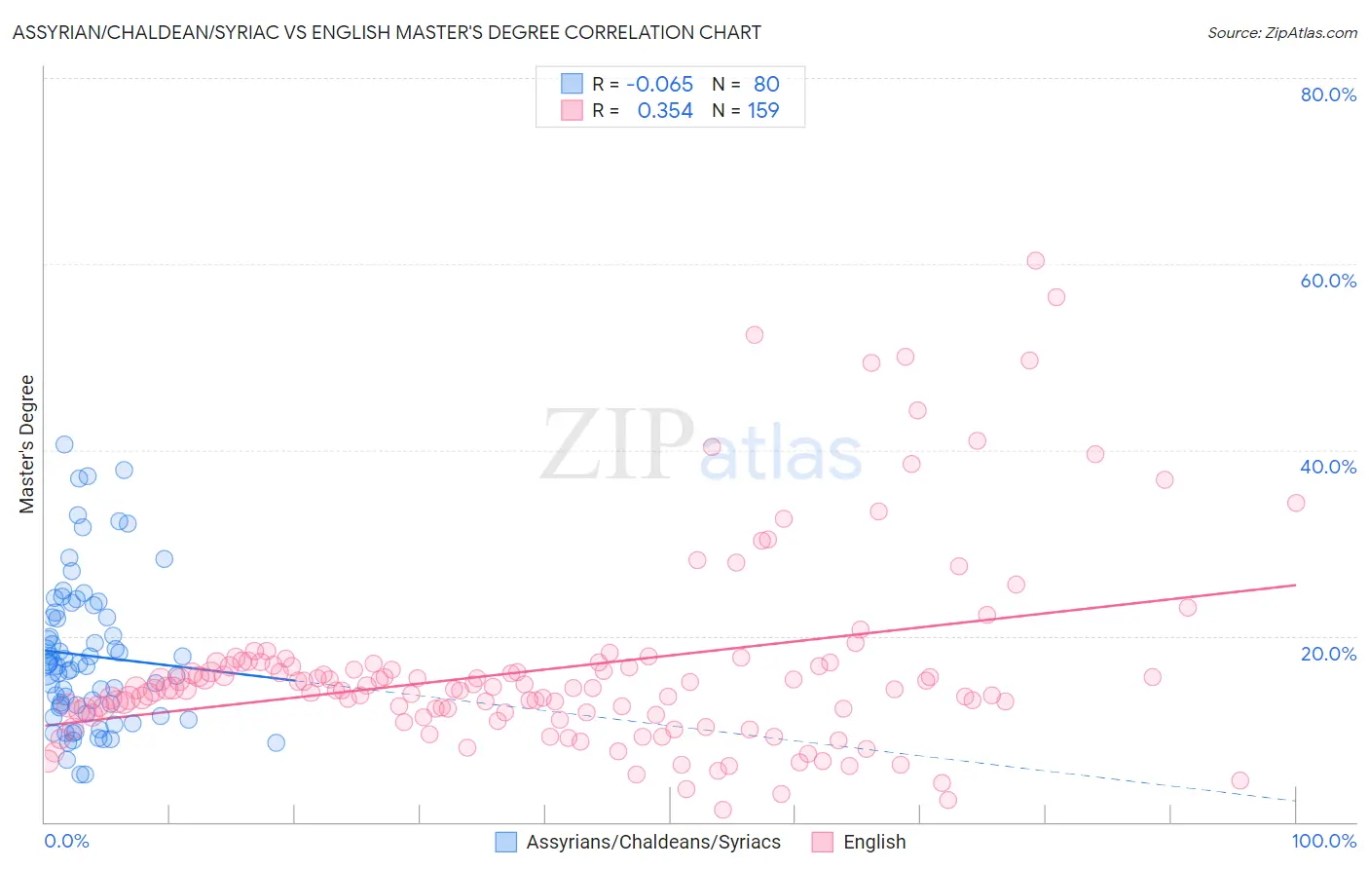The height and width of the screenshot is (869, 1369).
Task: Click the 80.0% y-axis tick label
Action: coord(1328,94)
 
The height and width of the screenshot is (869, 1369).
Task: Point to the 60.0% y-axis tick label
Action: coord(1328,281)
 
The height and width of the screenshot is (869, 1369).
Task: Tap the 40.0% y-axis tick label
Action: coord(1328,467)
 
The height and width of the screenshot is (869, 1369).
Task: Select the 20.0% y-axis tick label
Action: coord(1328,654)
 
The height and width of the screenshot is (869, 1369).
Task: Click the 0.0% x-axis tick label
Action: coord(66,841)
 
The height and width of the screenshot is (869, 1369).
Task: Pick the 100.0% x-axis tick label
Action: coord(1324,841)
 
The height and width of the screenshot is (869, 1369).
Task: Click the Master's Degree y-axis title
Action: coord(27,444)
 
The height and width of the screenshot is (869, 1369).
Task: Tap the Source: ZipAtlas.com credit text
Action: coord(1281,32)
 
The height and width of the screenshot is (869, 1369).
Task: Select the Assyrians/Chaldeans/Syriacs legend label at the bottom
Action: coord(653,842)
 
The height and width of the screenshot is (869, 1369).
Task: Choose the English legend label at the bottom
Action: coord(874,842)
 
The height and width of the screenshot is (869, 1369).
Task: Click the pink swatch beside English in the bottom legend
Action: coord(823,842)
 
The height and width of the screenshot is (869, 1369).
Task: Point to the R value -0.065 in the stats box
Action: coord(659,84)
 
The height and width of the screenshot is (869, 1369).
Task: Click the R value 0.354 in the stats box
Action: coord(665,111)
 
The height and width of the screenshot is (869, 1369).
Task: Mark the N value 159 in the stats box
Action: coord(763,111)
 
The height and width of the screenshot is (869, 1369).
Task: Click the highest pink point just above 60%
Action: coord(1035,260)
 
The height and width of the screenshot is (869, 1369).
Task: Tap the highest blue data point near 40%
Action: coord(64,444)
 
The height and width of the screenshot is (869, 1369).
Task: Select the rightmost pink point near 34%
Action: coord(1296,503)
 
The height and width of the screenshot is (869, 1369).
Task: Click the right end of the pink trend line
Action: coord(1296,585)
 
